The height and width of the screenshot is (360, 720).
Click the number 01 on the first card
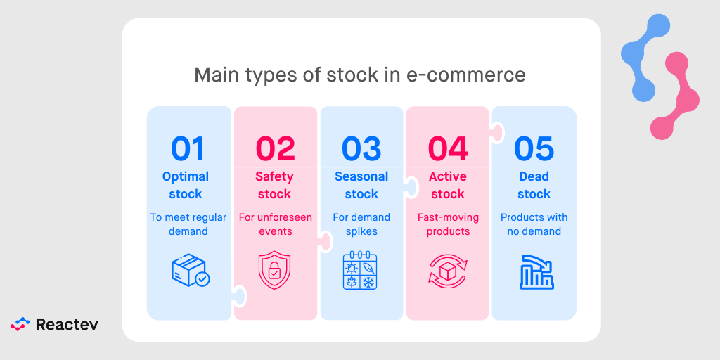(188, 149)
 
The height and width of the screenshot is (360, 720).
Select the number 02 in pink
(275, 149)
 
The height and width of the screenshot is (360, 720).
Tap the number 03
(361, 149)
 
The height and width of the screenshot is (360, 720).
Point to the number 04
(448, 149)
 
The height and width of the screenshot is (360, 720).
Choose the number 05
(534, 149)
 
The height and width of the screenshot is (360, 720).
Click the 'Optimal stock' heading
(186, 185)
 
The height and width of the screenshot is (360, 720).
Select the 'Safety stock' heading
(274, 185)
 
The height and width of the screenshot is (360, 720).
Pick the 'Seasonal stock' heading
(361, 185)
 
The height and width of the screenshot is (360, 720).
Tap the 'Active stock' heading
(448, 185)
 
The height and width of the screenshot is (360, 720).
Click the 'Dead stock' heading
(534, 185)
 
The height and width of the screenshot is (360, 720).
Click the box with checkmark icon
(190, 271)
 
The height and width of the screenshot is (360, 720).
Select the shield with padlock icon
(274, 271)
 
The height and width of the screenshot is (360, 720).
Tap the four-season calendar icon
(361, 271)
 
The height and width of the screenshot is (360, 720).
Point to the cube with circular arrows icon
(448, 271)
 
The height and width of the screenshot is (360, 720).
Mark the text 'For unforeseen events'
(275, 224)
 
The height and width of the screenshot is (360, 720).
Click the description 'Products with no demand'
(534, 224)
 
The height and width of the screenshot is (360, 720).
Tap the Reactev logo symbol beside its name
(20, 324)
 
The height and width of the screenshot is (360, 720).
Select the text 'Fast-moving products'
(448, 224)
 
